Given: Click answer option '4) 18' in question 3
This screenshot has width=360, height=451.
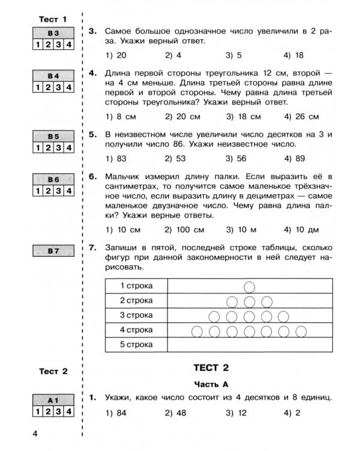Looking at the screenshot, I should (293, 55).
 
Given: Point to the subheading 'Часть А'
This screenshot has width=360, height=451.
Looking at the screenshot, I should (211, 384).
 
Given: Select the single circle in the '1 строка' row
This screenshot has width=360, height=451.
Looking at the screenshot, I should (250, 285).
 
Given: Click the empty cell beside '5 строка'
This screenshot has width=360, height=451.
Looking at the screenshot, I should (250, 345).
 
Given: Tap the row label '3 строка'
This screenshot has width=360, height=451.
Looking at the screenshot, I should (136, 315).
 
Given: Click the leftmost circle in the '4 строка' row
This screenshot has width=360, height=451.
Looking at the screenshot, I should (197, 330).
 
